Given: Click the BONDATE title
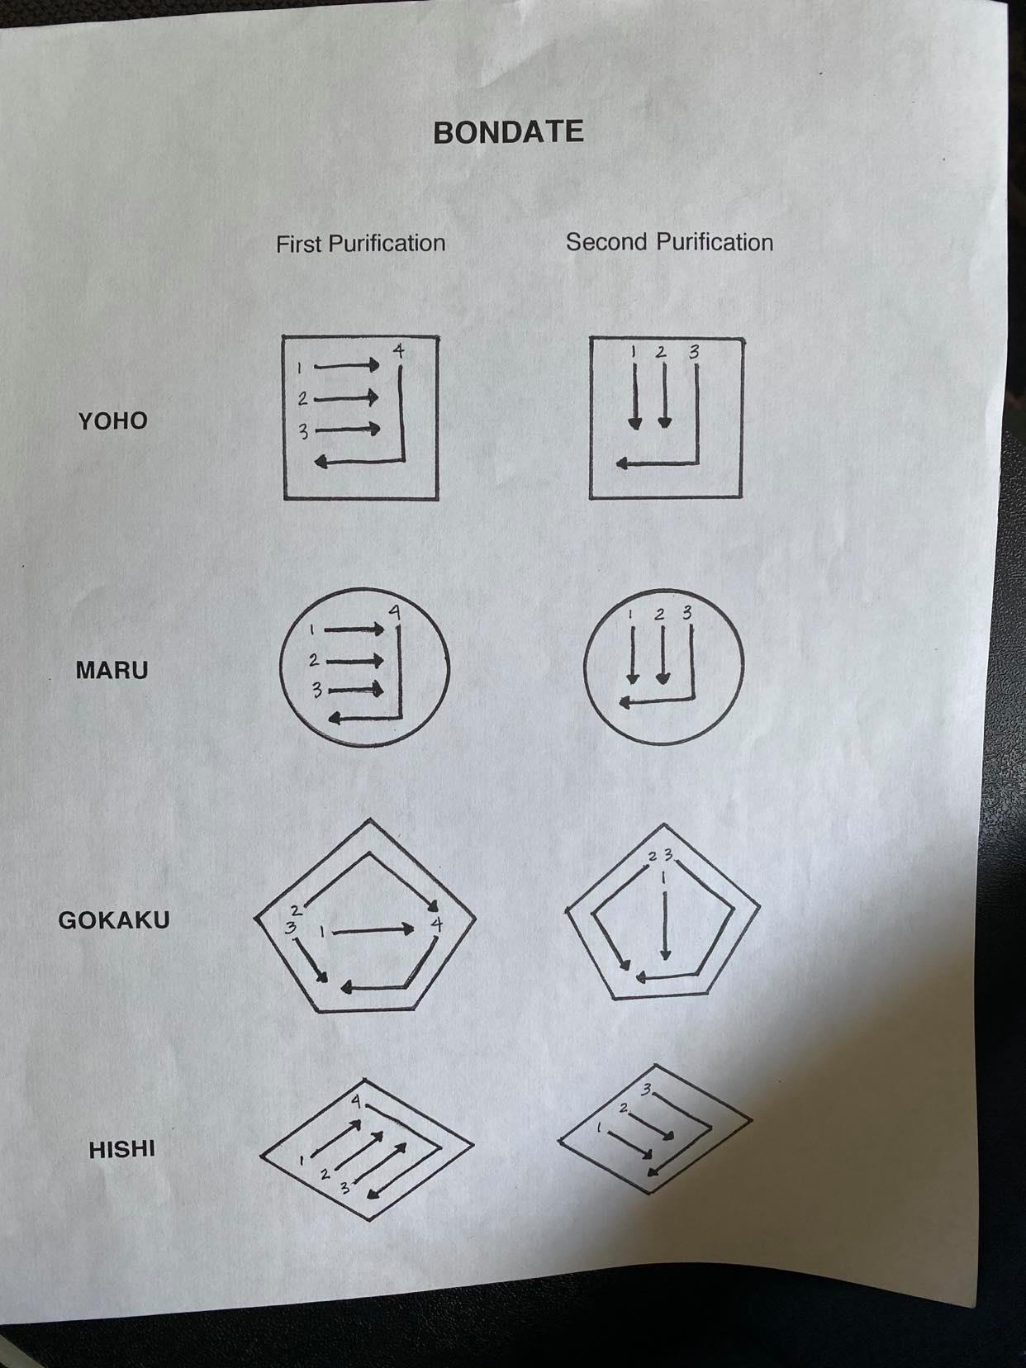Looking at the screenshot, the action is pos(508,132).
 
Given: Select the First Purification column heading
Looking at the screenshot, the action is pos(361,243).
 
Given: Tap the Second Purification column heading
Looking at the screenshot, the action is pos(670,242).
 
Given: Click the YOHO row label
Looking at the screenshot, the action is pos(112,421).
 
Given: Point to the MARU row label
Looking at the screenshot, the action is pos(112,671).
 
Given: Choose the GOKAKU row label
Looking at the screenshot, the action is pos(114,920).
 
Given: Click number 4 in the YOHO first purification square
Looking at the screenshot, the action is pos(399,351).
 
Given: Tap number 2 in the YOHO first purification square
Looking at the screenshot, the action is pos(302,399).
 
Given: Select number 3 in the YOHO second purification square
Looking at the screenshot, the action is pos(694,352).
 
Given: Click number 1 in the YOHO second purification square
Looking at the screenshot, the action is pos(633,352).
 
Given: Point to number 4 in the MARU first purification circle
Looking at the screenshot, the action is pos(394,613).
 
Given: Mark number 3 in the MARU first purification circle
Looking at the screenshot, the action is pos(317,690).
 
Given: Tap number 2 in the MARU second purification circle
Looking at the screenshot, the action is pos(660,614).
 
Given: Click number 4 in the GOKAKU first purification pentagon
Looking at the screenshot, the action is pos(437,924).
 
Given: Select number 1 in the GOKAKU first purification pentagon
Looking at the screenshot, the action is pos(322,932).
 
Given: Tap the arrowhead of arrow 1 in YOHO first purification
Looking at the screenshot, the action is pos(373,364).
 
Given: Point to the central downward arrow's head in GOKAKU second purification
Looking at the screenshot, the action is pos(665,953).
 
